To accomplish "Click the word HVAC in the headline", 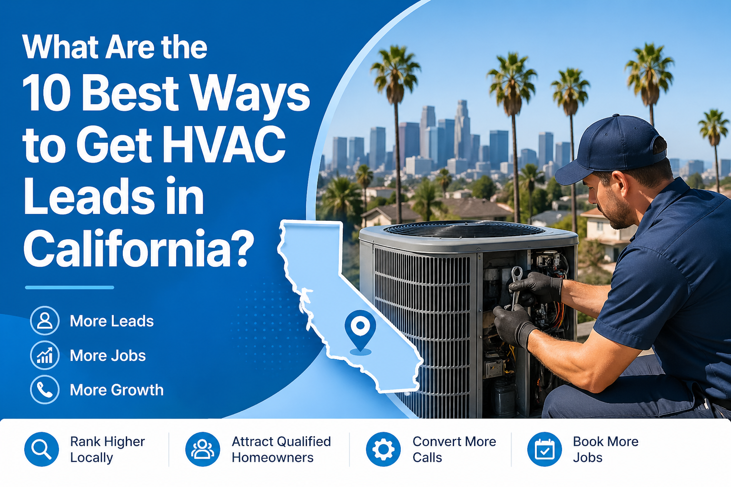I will point(224,145).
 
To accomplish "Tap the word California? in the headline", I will point(138,248).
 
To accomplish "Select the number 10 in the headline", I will point(47,93).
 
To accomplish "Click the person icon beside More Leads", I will point(45,321).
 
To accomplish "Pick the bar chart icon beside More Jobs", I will point(45,355).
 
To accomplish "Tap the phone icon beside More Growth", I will point(45,390).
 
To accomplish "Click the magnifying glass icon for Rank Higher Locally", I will point(41,449).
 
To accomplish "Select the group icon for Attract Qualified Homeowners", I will point(203,449).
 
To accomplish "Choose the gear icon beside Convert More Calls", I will point(383,449).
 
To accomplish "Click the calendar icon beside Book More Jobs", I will point(544,449).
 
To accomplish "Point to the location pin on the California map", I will point(360,328).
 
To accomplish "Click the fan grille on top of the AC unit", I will point(464,230).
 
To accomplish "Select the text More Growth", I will point(117,390).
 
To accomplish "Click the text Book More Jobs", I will point(605,449).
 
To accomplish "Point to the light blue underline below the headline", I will point(69,287).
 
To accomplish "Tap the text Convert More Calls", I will point(454,449).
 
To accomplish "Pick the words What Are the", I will point(115,47).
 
